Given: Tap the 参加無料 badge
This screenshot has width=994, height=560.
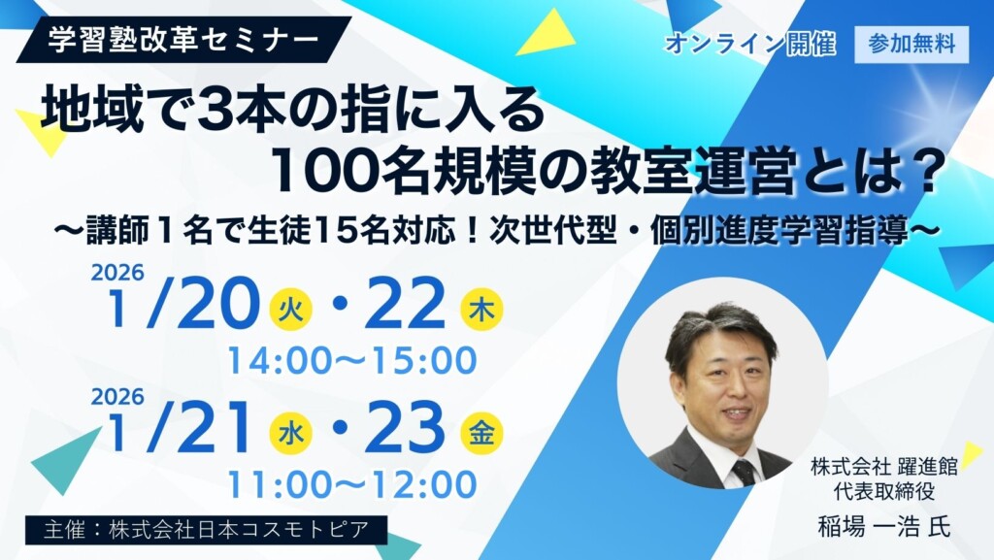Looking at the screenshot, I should [911, 45].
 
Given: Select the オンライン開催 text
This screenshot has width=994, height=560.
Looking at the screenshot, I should [750, 45].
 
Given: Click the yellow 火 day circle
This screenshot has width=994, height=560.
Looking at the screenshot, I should [290, 310].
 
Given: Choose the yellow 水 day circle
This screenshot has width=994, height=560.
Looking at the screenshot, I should [290, 433].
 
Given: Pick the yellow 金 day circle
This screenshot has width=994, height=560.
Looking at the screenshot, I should [481, 433].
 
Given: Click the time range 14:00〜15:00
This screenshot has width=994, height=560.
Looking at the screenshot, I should [352, 360].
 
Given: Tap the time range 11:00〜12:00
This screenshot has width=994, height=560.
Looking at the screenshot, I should [351, 483].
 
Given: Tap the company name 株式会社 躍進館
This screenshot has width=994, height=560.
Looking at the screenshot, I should [883, 468].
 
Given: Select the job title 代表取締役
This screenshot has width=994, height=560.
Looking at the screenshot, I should [883, 489].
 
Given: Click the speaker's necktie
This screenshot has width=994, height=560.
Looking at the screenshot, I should [743, 473].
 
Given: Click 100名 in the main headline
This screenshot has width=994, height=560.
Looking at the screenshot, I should [336, 171].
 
